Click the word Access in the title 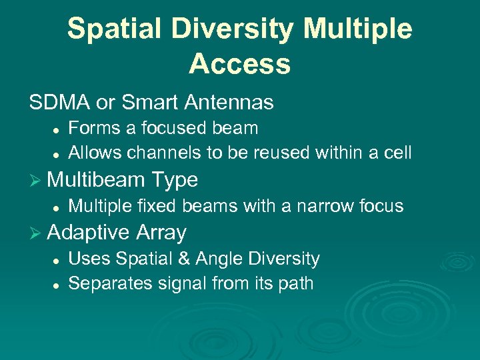tap(239, 64)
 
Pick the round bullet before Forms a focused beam tap(57, 129)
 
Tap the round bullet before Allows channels tap(57, 154)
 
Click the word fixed tap(155, 206)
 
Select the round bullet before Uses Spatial tap(57, 259)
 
